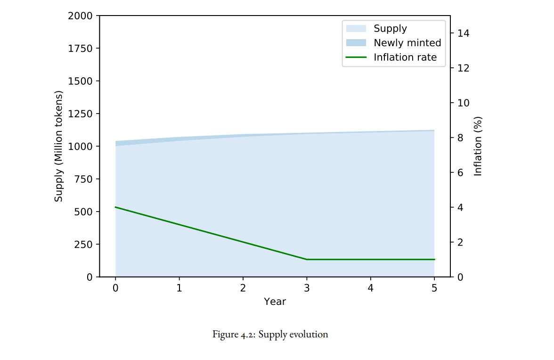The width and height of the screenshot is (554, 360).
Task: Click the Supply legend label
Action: coord(390,29)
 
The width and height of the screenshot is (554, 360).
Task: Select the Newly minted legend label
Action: coord(407,43)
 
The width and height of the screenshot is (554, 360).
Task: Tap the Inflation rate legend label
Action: coord(405,57)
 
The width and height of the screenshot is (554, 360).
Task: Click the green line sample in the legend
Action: coord(356,57)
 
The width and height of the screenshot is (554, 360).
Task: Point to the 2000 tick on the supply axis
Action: coord(80,16)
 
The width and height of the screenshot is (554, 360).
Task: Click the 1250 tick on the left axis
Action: coord(80,114)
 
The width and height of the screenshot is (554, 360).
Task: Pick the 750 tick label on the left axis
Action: coord(83,179)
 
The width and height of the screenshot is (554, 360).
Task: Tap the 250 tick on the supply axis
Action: coord(83,244)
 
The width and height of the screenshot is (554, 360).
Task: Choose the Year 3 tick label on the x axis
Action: coord(307,288)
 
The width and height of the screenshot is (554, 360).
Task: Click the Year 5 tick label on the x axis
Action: coord(434,288)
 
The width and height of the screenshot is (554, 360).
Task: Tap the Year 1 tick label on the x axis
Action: coord(179,288)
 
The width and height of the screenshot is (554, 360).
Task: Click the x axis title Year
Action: coord(275,302)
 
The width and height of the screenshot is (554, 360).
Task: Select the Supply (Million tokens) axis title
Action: coord(58,146)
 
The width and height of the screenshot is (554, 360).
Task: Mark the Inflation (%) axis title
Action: coord(478,146)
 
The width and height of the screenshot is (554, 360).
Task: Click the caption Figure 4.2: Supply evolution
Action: coord(270,335)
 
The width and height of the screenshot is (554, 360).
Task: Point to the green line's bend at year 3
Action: coord(307,259)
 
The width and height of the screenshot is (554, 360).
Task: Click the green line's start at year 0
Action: coord(115,207)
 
